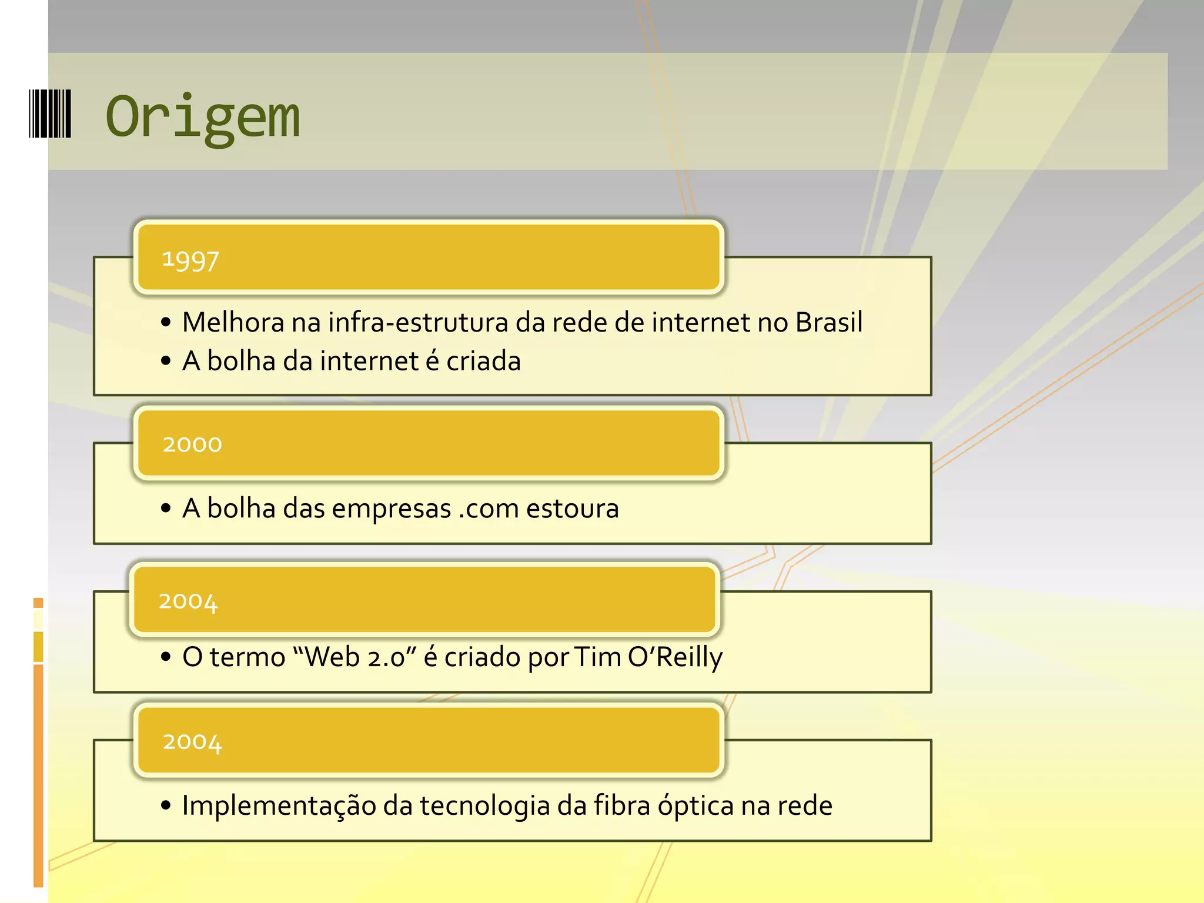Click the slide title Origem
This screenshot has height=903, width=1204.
tap(202, 118)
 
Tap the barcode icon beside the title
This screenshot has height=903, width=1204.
tap(50, 114)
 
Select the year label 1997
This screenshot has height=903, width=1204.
tap(190, 260)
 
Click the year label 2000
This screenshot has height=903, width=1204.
tap(192, 444)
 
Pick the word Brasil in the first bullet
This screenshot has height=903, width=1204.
tap(829, 322)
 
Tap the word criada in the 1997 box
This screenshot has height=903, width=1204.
tap(483, 361)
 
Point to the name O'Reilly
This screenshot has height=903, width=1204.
tap(675, 657)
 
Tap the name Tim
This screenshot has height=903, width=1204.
tap(597, 657)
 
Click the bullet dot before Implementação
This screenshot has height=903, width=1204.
tap(166, 805)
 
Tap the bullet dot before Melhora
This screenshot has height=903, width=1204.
tap(166, 322)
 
